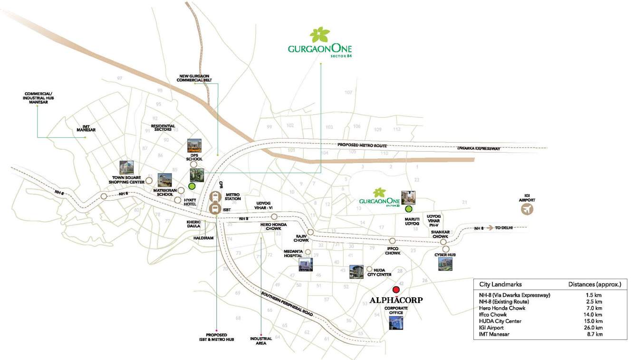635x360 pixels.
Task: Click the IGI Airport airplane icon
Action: pos(527,209)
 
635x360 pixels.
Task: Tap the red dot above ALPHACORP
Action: pos(396,290)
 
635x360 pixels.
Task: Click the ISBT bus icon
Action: pos(215,208)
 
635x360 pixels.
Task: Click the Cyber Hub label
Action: pos(445,255)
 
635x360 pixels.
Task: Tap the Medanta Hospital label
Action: pos(293,253)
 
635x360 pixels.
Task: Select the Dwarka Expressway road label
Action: pos(479,149)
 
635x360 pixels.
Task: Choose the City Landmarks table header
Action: pos(500,284)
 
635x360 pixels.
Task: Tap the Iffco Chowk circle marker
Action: pos(393,241)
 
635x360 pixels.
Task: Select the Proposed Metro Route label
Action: pos(362,145)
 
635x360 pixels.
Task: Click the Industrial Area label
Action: pos(261,341)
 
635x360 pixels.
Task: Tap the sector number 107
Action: pos(348,92)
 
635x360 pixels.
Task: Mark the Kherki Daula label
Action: pos(193,224)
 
